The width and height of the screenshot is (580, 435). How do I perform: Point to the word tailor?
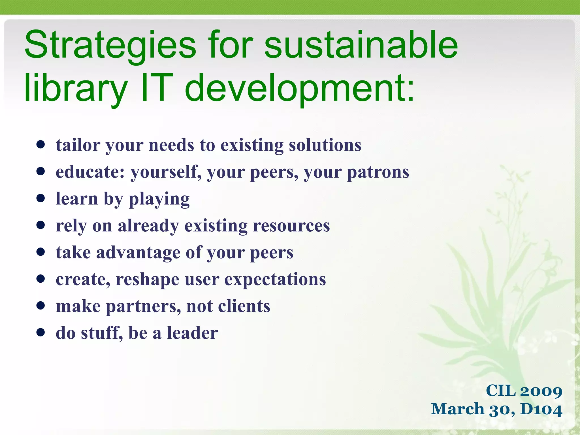pos(78,145)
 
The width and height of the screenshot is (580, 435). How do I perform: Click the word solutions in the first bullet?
pos(325,145)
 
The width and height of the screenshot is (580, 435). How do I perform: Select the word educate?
pos(90,172)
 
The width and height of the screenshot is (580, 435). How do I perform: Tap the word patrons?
pos(378,172)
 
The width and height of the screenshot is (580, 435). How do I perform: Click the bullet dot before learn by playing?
pos(41,199)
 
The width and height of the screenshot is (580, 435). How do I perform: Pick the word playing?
pos(159,199)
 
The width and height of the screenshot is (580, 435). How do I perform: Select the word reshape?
pos(147,280)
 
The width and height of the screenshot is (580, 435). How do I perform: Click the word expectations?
pos(275,280)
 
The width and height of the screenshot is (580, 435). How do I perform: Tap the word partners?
pos(143,306)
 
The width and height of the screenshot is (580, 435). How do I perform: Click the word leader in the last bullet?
pos(192,333)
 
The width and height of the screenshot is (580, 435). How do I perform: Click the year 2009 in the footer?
pos(541,391)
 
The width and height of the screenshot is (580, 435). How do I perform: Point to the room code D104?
pos(541,409)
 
